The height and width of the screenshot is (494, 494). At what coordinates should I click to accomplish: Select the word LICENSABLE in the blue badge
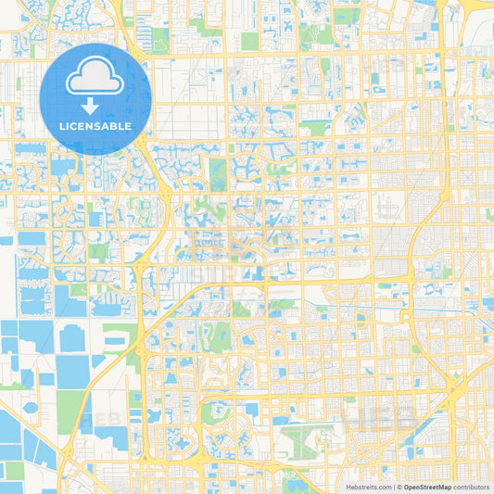pos(95,126)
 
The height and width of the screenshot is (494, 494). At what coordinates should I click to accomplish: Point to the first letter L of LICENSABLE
pos(62,126)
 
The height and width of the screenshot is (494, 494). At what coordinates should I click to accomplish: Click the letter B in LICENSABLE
pos(117,126)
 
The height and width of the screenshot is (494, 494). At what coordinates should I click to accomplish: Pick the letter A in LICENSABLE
pos(108,126)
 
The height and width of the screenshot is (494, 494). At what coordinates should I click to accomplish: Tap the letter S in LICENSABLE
pos(99,126)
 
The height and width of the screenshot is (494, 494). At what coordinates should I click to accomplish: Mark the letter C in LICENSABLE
pos(73,126)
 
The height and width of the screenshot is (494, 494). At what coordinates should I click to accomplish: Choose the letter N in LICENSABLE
pos(91,126)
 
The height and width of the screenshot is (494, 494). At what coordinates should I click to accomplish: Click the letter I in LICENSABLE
pos(68,126)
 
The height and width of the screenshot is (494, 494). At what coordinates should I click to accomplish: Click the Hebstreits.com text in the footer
pos(370,486)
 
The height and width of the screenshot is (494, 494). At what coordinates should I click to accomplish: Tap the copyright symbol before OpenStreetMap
pos(399,486)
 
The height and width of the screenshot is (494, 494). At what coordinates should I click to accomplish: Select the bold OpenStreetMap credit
pos(427,486)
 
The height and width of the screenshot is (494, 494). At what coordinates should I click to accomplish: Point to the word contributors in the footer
pos(471,486)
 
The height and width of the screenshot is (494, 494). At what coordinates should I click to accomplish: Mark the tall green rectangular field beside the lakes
pos(70,412)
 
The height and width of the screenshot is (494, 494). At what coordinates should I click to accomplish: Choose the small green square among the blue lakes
pos(15,470)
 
